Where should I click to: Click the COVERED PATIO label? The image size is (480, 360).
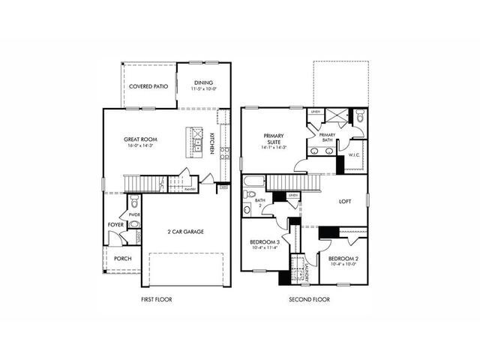[148, 86]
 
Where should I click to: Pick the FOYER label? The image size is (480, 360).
[115, 223]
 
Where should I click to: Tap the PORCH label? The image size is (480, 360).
[122, 259]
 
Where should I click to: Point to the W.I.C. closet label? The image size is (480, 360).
[355, 155]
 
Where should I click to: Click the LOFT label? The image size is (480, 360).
[345, 201]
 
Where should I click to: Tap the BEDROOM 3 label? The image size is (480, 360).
[265, 244]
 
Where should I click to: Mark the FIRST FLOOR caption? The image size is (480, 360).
[157, 299]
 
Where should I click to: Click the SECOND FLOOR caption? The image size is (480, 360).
[310, 299]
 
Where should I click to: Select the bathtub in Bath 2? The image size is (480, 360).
[254, 181]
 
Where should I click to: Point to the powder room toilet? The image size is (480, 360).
[135, 203]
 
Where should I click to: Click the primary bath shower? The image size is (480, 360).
[336, 115]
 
